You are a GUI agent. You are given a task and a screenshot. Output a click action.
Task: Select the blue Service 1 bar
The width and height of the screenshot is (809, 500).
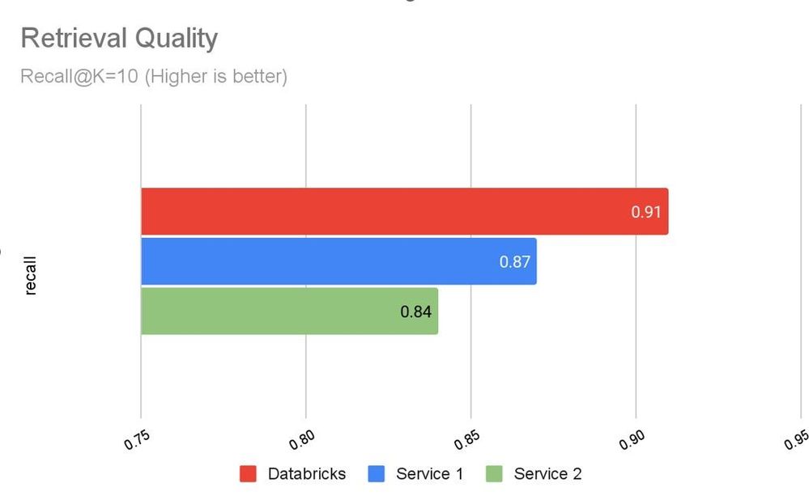coord(338,261)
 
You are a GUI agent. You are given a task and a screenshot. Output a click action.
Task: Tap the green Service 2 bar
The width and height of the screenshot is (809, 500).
coord(289,311)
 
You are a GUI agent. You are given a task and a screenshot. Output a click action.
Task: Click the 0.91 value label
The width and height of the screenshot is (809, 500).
coord(646,213)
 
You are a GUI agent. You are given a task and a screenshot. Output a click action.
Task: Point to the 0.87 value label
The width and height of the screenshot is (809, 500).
coord(515,262)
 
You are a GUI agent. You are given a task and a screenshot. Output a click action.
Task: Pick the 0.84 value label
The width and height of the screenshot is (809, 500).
coord(416,311)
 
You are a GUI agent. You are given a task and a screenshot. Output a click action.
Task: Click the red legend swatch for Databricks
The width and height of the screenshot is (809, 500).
coord(248,474)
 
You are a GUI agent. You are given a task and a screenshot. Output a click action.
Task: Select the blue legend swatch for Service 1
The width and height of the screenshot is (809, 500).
coord(376,474)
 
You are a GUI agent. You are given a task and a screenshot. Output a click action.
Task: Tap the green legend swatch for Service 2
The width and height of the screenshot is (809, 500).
coord(494,474)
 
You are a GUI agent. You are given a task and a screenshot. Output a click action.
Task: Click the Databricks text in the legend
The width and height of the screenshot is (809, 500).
coord(306,474)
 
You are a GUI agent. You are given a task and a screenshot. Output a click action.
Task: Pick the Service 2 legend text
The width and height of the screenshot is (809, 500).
coord(547,474)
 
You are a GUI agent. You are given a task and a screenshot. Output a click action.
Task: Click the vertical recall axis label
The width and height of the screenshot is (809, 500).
coord(31,276)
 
